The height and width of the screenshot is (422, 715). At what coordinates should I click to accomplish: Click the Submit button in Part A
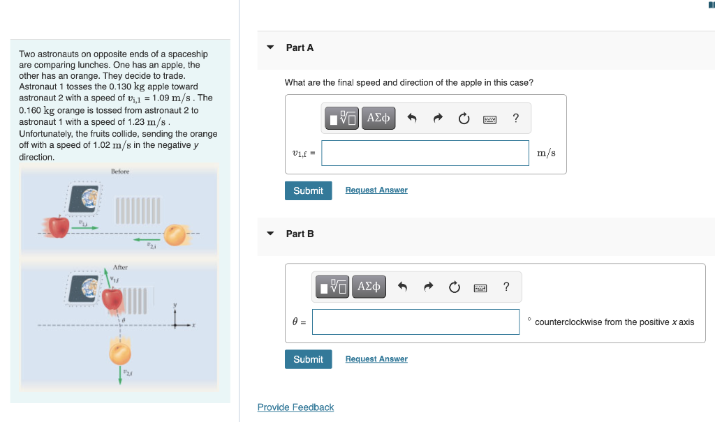click(x=308, y=190)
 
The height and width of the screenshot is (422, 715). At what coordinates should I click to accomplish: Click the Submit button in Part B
click(x=308, y=359)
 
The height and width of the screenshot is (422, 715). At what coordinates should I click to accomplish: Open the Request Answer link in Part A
click(x=376, y=190)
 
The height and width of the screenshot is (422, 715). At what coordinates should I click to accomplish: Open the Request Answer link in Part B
click(x=376, y=359)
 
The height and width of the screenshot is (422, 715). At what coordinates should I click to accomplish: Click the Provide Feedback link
click(x=295, y=407)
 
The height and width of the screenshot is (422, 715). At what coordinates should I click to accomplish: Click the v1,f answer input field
click(x=425, y=153)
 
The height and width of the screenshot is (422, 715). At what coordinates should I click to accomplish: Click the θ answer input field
click(x=415, y=322)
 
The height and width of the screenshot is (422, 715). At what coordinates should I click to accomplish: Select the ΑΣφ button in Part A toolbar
click(x=378, y=118)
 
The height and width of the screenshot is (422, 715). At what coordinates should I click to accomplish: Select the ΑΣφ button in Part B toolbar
click(x=369, y=287)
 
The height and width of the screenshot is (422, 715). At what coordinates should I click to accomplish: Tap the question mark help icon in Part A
click(x=515, y=118)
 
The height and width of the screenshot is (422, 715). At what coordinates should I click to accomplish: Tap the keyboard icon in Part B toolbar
click(x=480, y=287)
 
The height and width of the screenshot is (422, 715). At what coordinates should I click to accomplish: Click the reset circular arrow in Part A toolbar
click(x=464, y=119)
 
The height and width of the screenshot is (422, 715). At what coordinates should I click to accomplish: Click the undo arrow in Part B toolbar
click(x=402, y=287)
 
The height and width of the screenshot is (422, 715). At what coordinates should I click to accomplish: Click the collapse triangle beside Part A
click(x=270, y=47)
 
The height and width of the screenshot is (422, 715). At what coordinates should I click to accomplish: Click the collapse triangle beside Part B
click(x=270, y=234)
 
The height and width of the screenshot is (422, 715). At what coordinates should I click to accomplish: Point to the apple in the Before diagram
click(x=59, y=226)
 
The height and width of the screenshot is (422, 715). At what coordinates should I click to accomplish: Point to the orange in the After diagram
click(x=120, y=353)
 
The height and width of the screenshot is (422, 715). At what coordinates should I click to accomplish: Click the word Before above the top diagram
click(x=120, y=172)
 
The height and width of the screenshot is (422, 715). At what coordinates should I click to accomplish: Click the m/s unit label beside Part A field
click(x=546, y=153)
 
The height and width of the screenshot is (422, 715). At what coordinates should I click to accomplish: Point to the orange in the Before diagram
click(x=175, y=235)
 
